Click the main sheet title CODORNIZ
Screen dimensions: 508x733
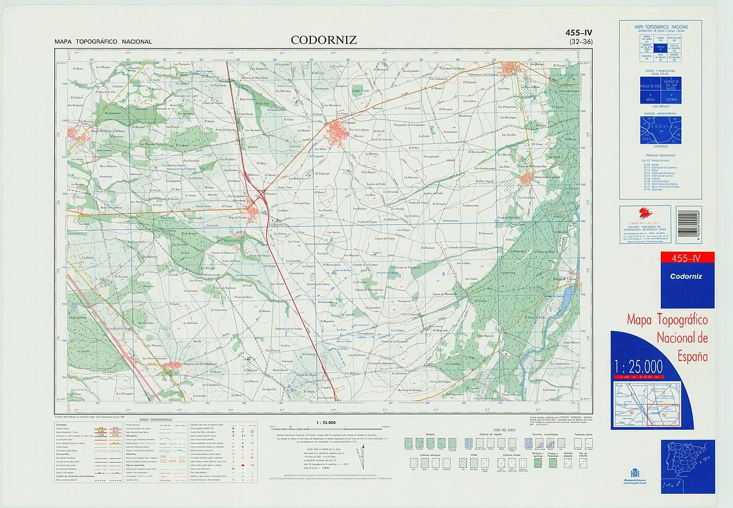[x=324, y=40]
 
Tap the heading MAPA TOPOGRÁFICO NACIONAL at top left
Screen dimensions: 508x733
[x=103, y=42]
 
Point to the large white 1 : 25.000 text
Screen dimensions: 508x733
[x=638, y=366]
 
